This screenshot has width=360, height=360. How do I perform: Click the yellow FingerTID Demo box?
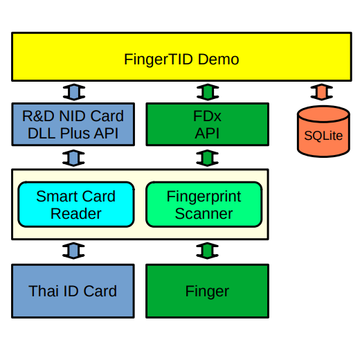point(181,57)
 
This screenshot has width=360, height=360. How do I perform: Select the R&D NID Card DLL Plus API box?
point(73,125)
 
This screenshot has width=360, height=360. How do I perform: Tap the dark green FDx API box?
point(208,125)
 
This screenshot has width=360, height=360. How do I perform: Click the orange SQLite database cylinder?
point(323,132)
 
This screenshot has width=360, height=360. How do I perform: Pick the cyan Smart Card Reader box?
point(76,205)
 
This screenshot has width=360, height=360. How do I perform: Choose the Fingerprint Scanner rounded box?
point(204,205)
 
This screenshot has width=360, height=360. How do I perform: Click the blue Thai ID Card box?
point(73,291)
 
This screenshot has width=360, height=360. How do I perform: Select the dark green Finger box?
point(207,291)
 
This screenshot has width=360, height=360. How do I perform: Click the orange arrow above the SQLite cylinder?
point(322,92)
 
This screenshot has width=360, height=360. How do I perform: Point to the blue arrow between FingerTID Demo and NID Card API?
point(74,92)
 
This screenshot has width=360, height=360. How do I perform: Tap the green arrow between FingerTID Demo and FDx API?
point(208,92)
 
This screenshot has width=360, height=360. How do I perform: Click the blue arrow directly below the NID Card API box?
point(73,158)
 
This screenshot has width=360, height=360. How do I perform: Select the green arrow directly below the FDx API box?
point(207,158)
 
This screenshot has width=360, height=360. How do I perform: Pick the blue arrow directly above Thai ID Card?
point(73,251)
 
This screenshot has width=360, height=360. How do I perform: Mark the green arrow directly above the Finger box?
point(207,251)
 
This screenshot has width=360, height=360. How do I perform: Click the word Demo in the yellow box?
point(218,60)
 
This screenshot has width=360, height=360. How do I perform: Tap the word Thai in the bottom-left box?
point(44,291)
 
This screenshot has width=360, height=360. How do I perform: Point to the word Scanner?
point(204,213)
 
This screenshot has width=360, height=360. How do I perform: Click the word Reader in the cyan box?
point(76,213)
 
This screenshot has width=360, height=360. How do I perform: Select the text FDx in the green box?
point(207,116)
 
